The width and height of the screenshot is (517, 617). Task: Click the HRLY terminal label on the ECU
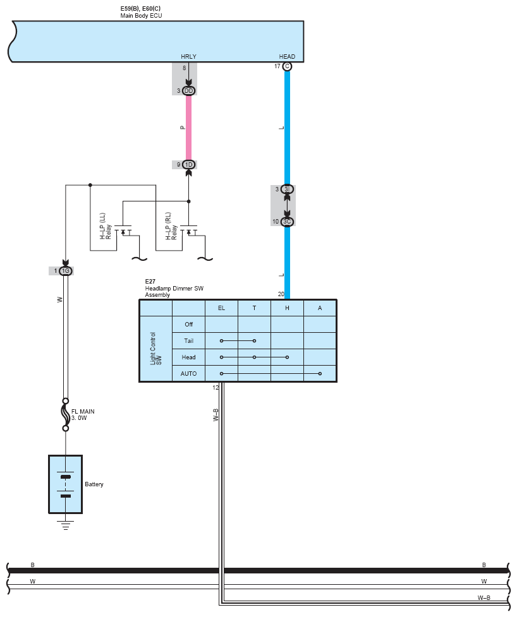click(x=188, y=57)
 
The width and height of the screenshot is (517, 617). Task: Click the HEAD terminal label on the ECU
click(x=287, y=57)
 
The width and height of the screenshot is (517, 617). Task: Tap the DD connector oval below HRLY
click(x=188, y=91)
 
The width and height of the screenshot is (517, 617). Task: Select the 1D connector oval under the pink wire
click(x=188, y=165)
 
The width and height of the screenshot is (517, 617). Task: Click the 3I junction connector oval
click(x=287, y=189)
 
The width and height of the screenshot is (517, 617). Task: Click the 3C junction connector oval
click(x=287, y=222)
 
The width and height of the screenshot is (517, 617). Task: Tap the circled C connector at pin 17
click(x=288, y=66)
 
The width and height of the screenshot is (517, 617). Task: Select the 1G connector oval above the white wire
click(x=65, y=271)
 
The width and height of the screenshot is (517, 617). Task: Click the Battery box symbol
click(x=65, y=484)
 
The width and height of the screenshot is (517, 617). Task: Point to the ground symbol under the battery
click(x=65, y=522)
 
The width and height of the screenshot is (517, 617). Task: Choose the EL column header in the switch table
click(x=221, y=308)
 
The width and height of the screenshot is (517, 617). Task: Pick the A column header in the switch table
click(x=320, y=308)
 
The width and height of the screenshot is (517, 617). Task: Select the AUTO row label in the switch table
click(x=188, y=374)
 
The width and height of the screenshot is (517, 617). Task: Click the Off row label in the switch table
click(x=188, y=325)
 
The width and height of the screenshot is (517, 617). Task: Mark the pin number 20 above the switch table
click(x=281, y=294)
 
